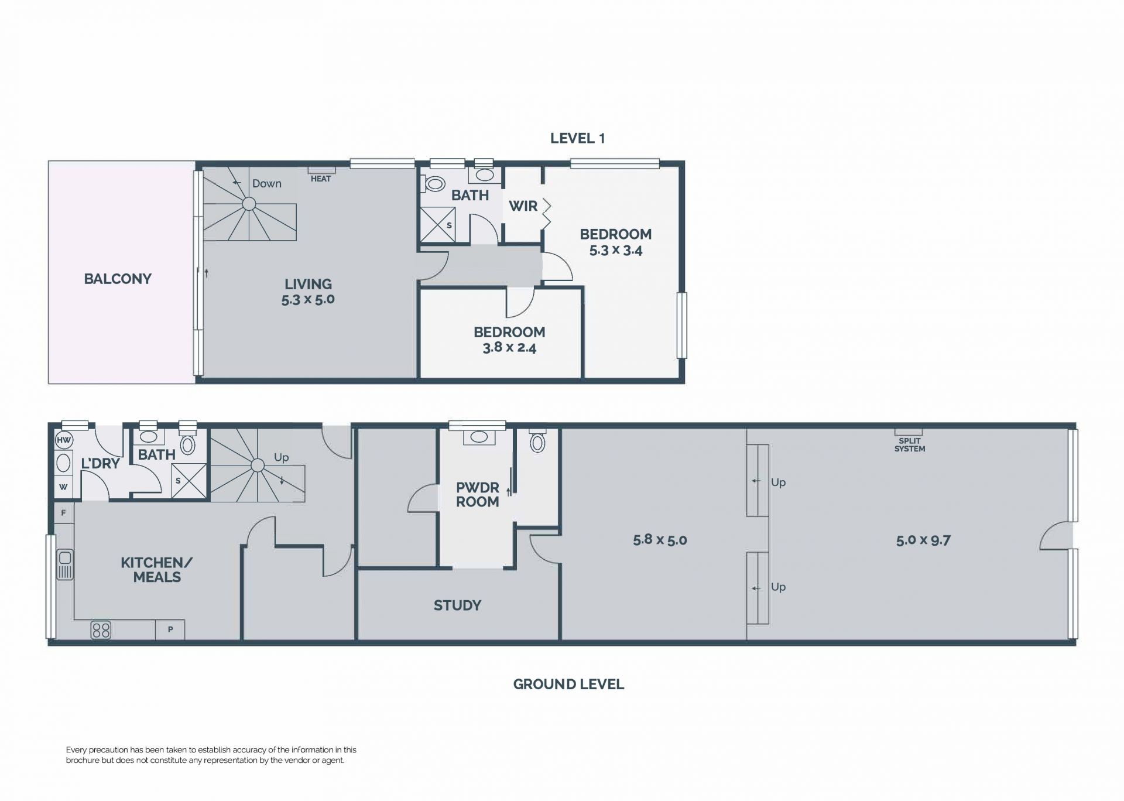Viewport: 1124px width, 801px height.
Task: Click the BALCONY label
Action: (118, 279)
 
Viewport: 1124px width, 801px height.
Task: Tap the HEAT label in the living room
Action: (321, 179)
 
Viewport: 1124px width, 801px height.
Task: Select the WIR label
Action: (523, 206)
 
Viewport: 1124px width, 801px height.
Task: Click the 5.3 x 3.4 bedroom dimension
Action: (616, 251)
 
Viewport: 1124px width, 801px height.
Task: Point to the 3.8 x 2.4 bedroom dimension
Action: (509, 348)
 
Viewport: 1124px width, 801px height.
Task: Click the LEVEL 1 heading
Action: (577, 138)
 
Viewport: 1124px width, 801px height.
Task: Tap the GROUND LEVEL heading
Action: (568, 684)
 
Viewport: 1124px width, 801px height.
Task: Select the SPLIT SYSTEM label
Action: (910, 445)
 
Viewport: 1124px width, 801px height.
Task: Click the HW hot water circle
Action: (63, 440)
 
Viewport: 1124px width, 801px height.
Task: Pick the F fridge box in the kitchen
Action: (64, 513)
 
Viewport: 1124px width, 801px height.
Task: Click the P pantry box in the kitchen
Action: (170, 629)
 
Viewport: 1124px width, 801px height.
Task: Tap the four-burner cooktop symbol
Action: (101, 630)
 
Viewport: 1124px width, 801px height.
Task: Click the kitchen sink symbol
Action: (65, 564)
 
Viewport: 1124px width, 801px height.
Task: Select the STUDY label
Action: (457, 605)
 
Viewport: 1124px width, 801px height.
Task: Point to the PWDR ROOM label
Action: (478, 495)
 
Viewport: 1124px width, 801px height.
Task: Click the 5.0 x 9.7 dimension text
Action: (923, 540)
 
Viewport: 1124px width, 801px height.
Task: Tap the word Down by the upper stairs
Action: (267, 184)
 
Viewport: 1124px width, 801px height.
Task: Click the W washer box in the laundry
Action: (63, 487)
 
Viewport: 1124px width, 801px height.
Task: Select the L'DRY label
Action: (100, 464)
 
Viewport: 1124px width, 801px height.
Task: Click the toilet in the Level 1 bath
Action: (434, 184)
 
